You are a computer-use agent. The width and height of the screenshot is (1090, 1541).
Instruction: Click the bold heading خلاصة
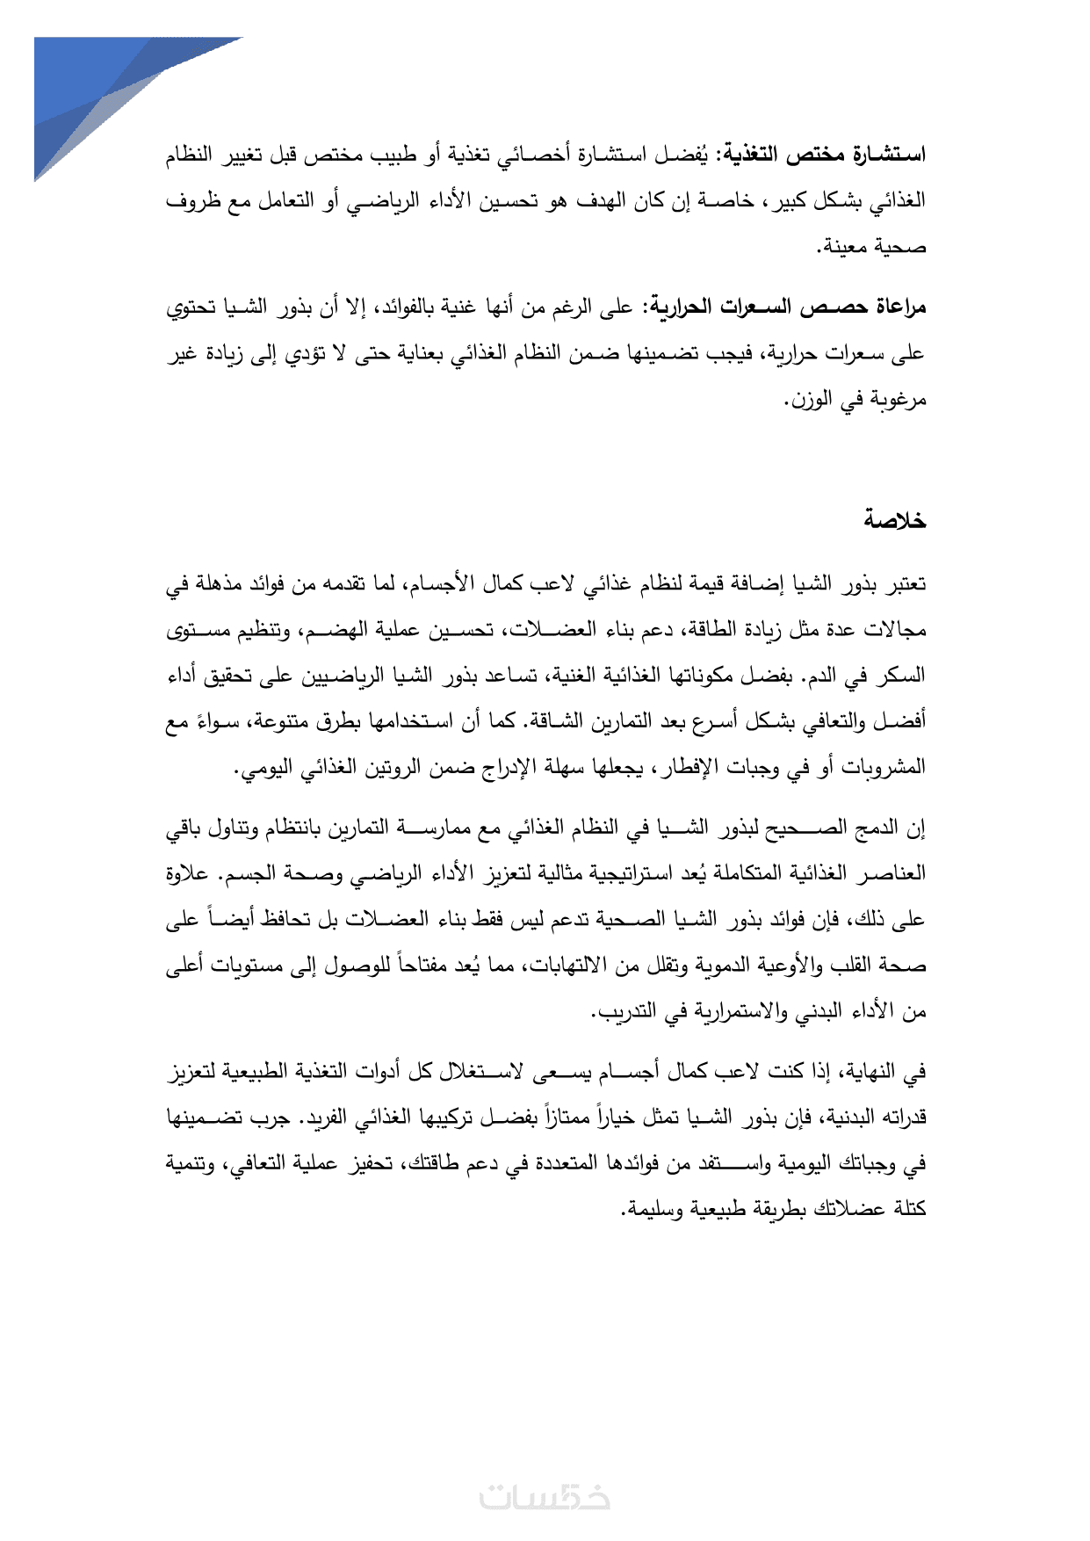click(894, 520)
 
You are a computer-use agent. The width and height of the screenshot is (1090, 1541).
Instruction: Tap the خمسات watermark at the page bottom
click(545, 1497)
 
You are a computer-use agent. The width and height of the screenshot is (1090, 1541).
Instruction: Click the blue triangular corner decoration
click(97, 88)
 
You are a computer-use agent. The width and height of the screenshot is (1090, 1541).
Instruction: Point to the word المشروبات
click(883, 768)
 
